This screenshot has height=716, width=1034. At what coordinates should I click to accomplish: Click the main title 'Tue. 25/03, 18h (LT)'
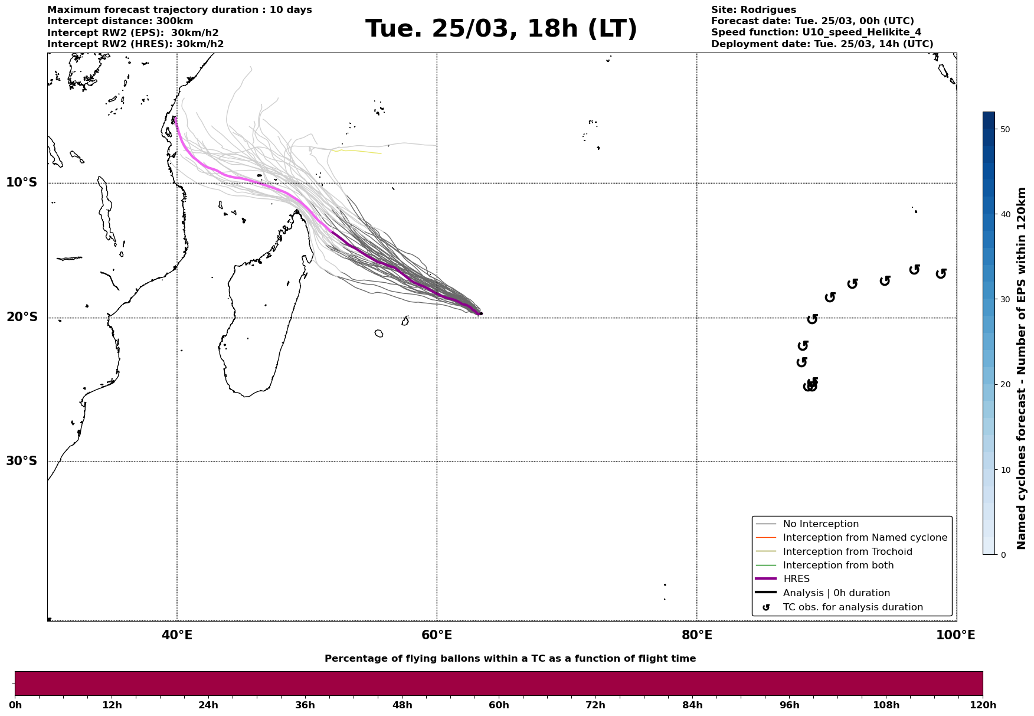501,29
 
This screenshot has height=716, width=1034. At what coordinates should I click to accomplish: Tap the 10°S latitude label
22,182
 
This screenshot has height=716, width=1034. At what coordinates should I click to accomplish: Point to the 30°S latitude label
22,461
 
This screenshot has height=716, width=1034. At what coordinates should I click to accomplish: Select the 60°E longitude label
437,635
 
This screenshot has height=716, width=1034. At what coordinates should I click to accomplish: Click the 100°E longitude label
956,635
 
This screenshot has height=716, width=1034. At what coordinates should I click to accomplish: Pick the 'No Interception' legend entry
820,524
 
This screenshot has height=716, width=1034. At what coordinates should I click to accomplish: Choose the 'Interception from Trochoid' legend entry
847,552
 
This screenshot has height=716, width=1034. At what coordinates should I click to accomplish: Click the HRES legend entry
796,579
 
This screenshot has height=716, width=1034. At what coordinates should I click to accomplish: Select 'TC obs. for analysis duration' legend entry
852,607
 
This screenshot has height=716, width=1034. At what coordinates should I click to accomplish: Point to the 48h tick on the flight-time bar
402,705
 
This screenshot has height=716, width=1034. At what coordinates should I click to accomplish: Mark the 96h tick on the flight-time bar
789,705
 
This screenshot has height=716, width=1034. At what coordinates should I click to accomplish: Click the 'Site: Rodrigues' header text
753,10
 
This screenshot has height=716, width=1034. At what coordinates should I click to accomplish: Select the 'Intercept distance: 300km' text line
120,21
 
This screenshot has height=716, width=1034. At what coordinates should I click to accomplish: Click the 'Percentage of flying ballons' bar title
510,659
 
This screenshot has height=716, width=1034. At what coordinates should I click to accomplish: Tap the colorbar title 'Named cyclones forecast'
1022,368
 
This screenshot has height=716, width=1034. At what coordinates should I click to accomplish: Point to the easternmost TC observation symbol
941,273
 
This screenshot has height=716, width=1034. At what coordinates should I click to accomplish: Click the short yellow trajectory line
357,152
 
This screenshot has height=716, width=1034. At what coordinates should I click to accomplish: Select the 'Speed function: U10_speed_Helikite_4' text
816,32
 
